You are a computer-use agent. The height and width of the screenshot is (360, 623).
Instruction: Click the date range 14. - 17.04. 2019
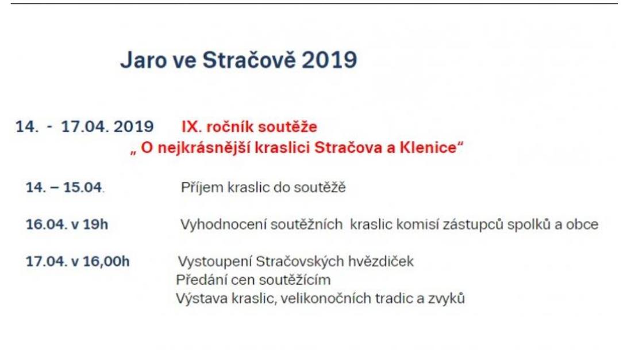(84, 127)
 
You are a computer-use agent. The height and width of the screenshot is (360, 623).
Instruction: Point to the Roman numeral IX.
(190, 127)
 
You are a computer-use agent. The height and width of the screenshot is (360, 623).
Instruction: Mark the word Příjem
(202, 187)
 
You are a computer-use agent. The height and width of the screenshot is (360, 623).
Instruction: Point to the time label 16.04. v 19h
(67, 224)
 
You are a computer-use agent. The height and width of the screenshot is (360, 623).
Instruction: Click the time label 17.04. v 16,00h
(78, 262)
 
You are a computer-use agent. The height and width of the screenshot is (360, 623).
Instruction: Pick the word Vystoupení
(215, 262)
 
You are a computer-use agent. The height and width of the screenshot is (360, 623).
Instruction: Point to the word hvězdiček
(381, 262)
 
